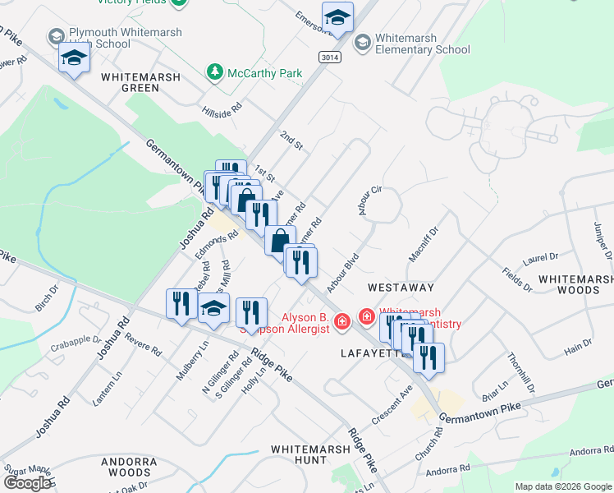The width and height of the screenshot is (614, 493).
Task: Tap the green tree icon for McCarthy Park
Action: point(215,72)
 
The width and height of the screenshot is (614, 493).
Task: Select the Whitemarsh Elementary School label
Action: point(423,44)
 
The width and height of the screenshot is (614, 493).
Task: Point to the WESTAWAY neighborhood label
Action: point(400,288)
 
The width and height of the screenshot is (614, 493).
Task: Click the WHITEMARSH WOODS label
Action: point(575,285)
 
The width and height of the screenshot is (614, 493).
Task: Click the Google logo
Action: point(27,482)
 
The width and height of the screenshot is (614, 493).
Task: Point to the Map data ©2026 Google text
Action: point(563,486)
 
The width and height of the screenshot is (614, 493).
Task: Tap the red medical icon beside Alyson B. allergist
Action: point(341,320)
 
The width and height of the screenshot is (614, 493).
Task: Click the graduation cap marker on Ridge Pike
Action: point(214,310)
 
